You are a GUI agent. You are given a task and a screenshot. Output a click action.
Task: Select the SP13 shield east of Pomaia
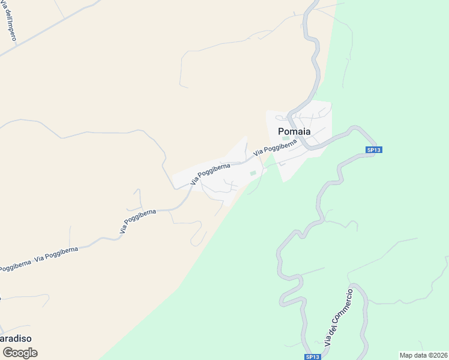click(373, 150)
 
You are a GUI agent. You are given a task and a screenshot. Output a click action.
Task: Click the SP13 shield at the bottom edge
click(312, 356)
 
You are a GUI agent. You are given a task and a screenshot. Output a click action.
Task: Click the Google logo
click(20, 353)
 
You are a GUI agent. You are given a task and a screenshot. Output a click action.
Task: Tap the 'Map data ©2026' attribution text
click(423, 355)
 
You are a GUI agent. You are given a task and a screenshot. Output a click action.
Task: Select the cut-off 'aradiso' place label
click(16, 338)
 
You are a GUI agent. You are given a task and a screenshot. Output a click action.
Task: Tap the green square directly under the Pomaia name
click(286, 139)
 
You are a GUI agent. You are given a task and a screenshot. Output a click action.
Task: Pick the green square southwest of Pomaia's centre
click(253, 174)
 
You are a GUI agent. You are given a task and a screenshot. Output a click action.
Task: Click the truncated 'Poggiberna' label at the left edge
click(14, 266)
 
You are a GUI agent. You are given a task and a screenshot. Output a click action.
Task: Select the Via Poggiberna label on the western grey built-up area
click(211, 173)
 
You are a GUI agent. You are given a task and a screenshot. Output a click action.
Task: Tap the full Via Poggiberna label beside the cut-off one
click(56, 254)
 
